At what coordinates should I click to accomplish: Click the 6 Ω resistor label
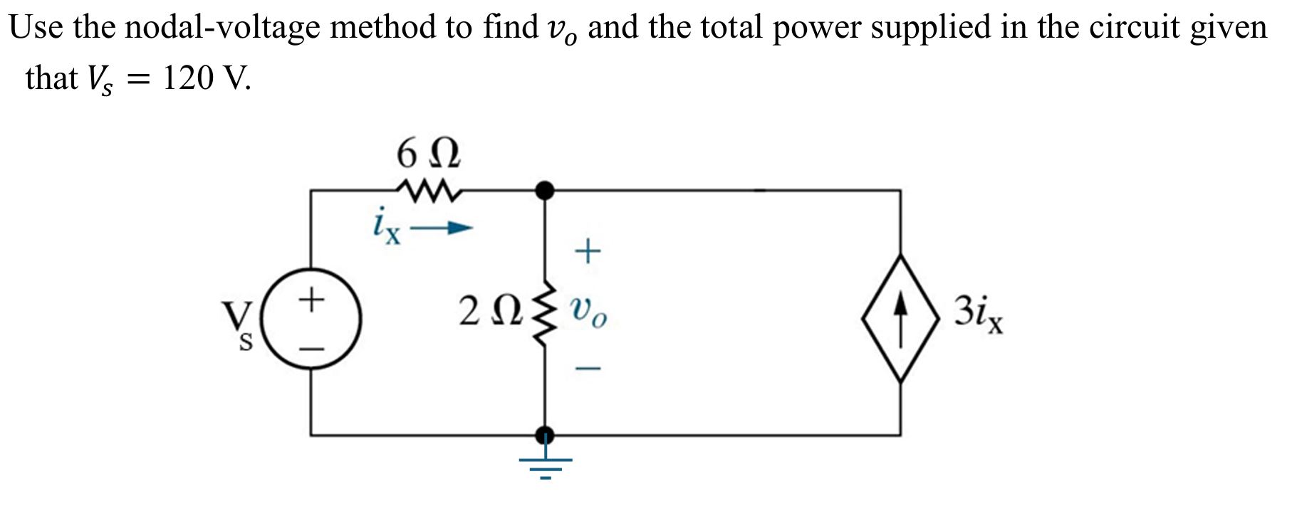(428, 153)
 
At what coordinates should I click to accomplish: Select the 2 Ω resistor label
(491, 312)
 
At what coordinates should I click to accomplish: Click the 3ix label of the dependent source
(979, 314)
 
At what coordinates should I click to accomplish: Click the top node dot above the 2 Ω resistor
(545, 190)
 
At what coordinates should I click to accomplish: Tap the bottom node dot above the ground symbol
(545, 434)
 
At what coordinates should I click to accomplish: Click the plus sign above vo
(588, 251)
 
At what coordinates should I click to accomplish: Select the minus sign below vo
(588, 369)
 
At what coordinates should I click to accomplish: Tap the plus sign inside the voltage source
(311, 298)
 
